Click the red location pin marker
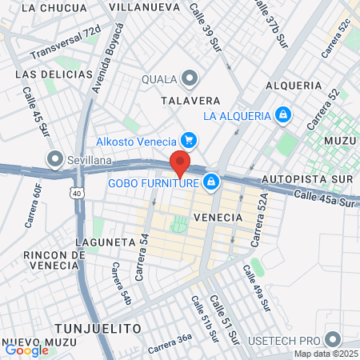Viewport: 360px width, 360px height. pyautogui.click(x=180, y=162)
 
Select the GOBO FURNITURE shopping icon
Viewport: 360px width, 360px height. pyautogui.click(x=210, y=183)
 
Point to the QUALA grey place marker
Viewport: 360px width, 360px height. pyautogui.click(x=190, y=78)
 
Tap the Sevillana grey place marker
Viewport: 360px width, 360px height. pyautogui.click(x=55, y=158)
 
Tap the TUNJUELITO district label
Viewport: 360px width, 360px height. pyautogui.click(x=98, y=329)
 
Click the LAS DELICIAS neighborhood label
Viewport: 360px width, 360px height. pyautogui.click(x=54, y=74)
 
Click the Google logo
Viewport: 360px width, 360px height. pyautogui.click(x=26, y=350)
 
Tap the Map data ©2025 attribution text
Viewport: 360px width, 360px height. pyautogui.click(x=326, y=354)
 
